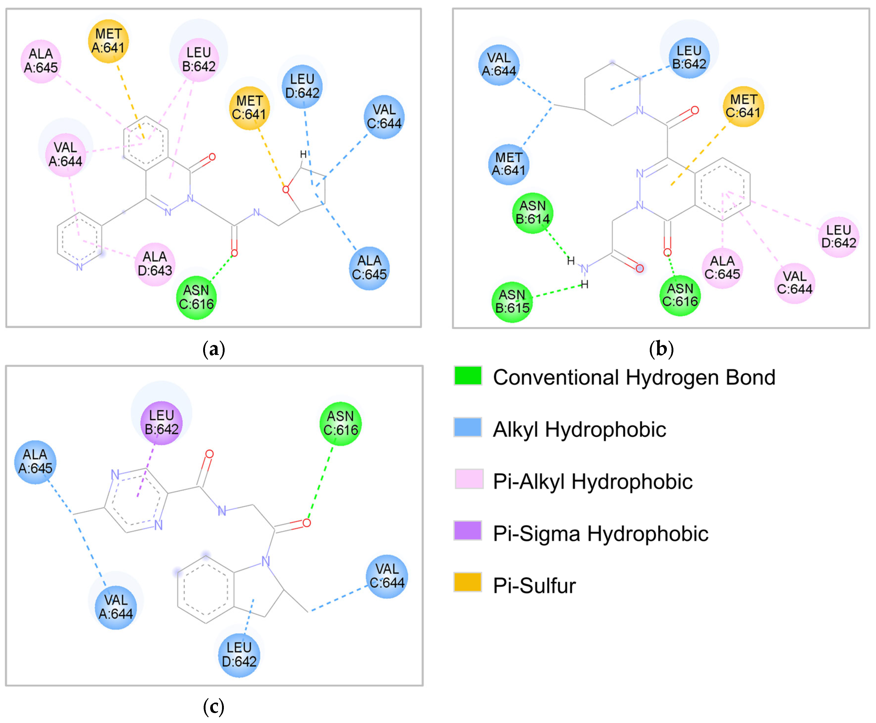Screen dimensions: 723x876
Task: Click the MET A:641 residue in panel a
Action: [108, 41]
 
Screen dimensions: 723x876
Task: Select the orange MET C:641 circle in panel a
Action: [249, 108]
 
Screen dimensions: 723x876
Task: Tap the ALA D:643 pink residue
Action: [155, 264]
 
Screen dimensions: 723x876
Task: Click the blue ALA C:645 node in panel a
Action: [369, 268]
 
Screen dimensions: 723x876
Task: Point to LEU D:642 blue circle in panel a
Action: [302, 86]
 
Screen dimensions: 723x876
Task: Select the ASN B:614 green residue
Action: [532, 213]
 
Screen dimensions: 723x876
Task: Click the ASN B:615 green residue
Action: [512, 302]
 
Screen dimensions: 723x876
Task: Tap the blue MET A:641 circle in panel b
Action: [509, 164]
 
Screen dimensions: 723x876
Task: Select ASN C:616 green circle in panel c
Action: [340, 423]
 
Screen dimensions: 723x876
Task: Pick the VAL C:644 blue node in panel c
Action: [387, 576]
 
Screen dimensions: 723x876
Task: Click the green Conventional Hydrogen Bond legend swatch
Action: [468, 376]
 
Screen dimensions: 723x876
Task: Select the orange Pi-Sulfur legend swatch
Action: [468, 582]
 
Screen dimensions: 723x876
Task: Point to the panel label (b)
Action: [661, 349]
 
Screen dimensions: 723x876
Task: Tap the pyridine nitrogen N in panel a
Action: [79, 267]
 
